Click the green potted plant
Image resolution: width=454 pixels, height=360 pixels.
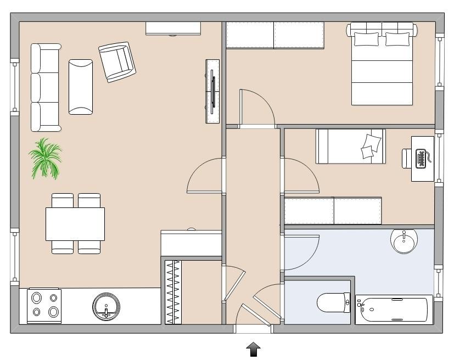point(45,159)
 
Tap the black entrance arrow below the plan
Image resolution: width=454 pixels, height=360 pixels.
point(254,349)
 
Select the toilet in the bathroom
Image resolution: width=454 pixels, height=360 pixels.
point(333,302)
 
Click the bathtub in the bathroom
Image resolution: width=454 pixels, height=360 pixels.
point(393,310)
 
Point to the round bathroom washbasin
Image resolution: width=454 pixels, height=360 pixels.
point(405,240)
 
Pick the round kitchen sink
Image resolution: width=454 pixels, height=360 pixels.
point(106,306)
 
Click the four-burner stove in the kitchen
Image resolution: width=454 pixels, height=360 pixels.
point(44,306)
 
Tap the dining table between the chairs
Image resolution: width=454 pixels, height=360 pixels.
point(75,224)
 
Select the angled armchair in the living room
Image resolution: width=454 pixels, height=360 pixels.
point(117,61)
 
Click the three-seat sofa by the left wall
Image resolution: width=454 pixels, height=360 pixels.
point(45,88)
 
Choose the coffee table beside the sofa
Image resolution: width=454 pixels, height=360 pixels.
point(81,87)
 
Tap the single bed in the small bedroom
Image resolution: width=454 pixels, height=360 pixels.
point(350,147)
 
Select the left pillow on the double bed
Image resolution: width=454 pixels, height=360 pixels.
point(366,39)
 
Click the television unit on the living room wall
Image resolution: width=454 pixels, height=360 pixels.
point(212,91)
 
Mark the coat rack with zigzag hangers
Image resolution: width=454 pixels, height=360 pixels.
point(173,291)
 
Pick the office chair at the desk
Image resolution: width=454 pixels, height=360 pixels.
point(406,159)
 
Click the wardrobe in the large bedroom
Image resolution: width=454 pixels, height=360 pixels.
point(274,35)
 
